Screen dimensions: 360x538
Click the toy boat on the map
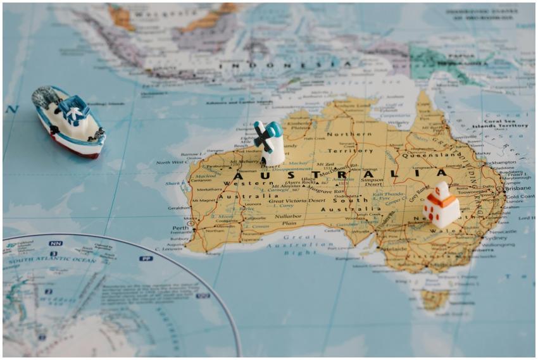pos(68,121)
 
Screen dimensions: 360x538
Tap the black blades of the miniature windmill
pos(263,137)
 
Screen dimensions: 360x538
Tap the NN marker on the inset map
pos(56,243)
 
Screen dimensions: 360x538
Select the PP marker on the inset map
pos(146,258)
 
